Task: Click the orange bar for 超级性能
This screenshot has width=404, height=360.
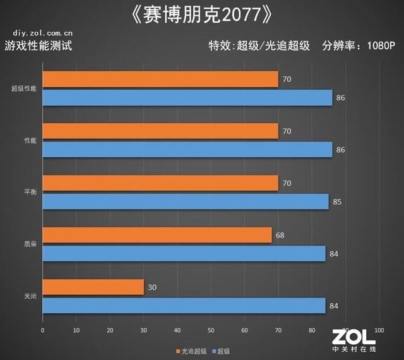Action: point(160,80)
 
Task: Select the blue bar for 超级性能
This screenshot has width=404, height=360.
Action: point(187,98)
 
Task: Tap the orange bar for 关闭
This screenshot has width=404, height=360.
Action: point(93,287)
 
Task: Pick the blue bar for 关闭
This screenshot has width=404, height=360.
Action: point(184,306)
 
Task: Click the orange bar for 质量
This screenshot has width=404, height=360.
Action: point(157,236)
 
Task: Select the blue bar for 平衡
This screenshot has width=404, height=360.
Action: point(186,202)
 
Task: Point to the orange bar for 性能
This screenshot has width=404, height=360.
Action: point(160,131)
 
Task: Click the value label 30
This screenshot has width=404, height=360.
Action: point(152,287)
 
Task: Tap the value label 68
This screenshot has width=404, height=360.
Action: point(280,236)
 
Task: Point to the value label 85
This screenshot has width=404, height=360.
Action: point(337,202)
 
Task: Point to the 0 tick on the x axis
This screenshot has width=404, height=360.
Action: point(42,330)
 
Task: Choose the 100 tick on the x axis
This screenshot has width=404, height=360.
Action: point(379,330)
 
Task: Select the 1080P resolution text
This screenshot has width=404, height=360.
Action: point(381,45)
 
